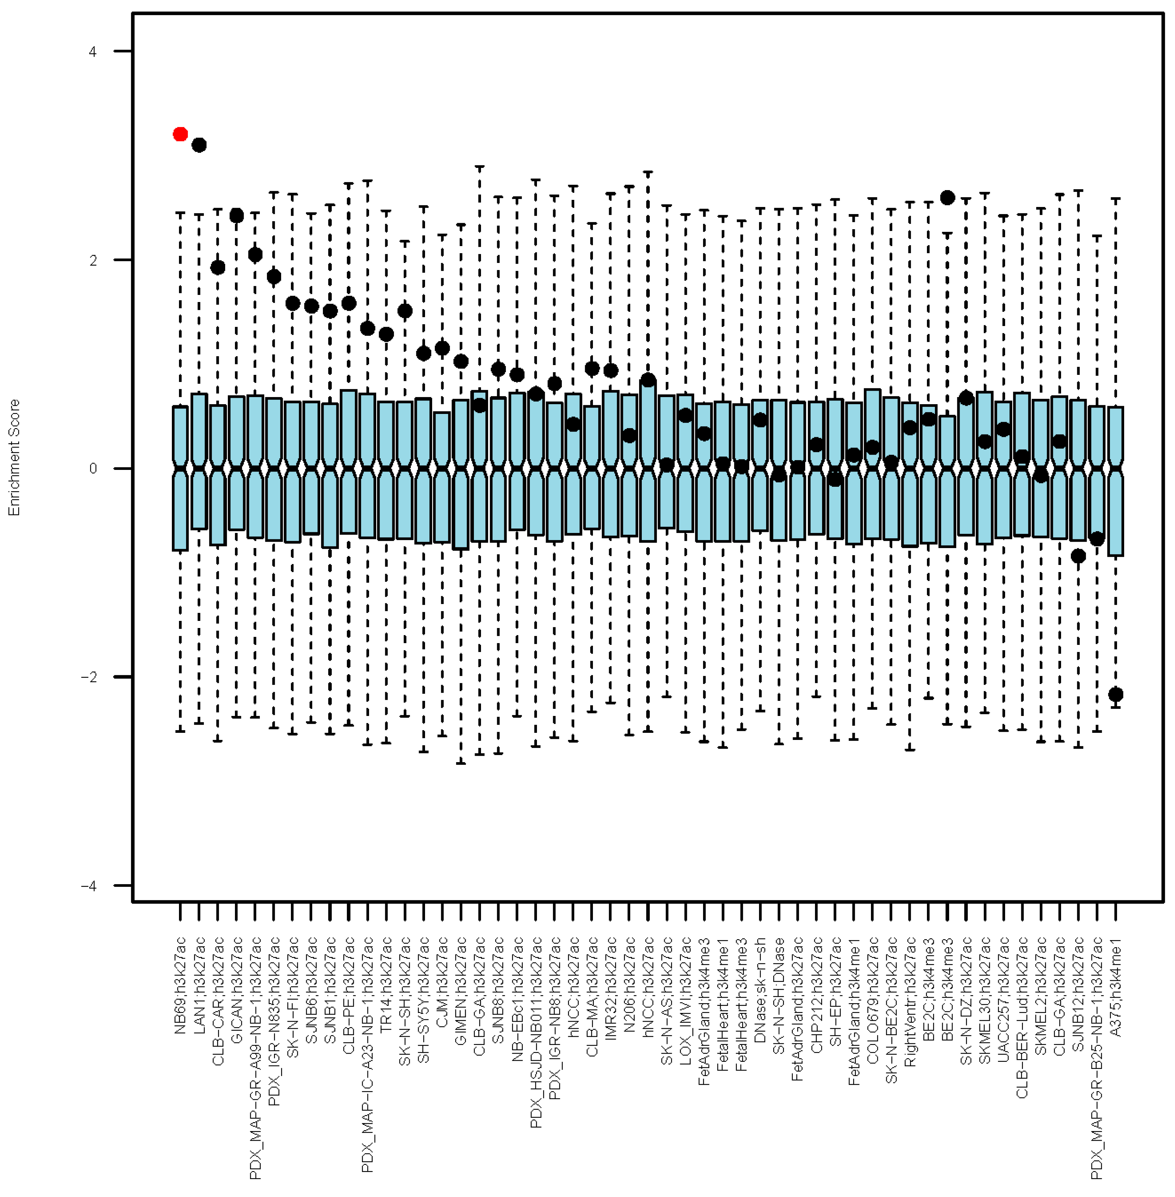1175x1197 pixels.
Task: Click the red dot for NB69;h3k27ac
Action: click(180, 134)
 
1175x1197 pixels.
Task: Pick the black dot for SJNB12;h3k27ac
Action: click(1078, 556)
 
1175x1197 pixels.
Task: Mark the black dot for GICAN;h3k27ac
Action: click(236, 215)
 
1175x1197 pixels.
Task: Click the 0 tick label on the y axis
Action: click(93, 468)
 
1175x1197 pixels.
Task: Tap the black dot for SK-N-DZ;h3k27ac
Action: click(966, 398)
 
